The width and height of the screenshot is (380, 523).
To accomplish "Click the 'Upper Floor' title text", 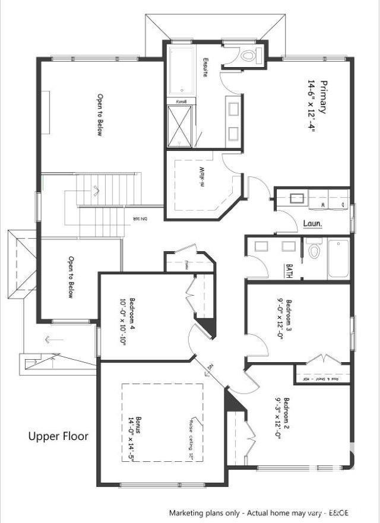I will [59, 436].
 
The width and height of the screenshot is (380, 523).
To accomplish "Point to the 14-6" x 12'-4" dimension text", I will [311, 105].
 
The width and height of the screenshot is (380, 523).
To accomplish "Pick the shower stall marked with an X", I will [179, 126].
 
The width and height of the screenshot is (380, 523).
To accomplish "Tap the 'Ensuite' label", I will [204, 69].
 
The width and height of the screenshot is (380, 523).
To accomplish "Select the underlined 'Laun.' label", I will [312, 224].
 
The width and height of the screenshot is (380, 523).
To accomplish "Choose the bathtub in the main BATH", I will [339, 258].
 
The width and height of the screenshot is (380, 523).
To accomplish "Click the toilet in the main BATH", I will [313, 251].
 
